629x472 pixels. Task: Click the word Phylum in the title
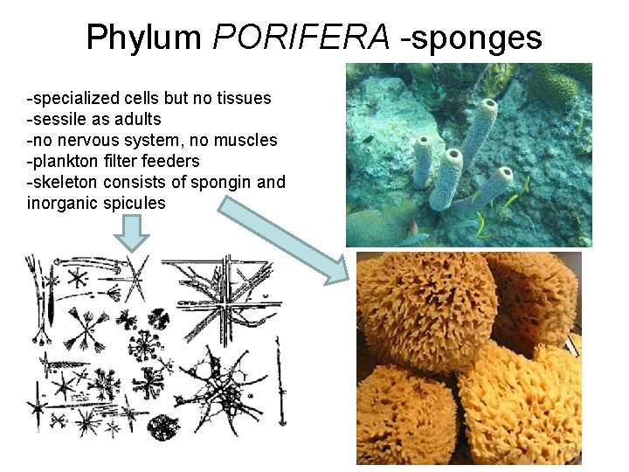[x=144, y=38]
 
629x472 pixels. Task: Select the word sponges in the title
[x=483, y=38]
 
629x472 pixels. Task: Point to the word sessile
[x=63, y=120]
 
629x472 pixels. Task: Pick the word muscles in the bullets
[x=247, y=141]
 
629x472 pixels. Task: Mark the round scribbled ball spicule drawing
[x=162, y=427]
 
